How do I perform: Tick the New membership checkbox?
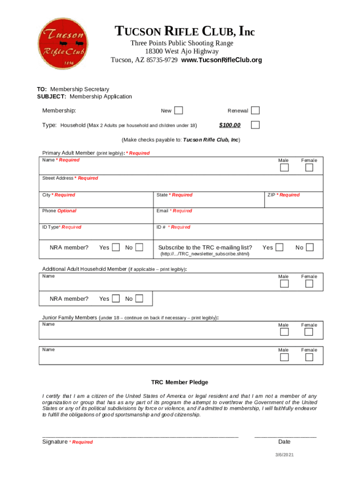click(179, 110)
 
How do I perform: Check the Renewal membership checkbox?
click(255, 110)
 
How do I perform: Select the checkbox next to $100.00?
click(255, 125)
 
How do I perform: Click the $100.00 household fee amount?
click(230, 125)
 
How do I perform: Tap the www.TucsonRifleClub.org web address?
click(222, 60)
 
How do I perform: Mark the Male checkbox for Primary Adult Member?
click(284, 168)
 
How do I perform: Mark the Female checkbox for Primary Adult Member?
click(309, 168)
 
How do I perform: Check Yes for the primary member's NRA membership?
click(116, 247)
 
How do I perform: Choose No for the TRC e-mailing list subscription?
click(310, 247)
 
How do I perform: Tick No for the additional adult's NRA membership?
click(139, 298)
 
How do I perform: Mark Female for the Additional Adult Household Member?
click(309, 284)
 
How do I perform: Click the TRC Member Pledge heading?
click(180, 382)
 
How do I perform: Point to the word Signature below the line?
click(55, 442)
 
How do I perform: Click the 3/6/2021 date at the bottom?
click(284, 455)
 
